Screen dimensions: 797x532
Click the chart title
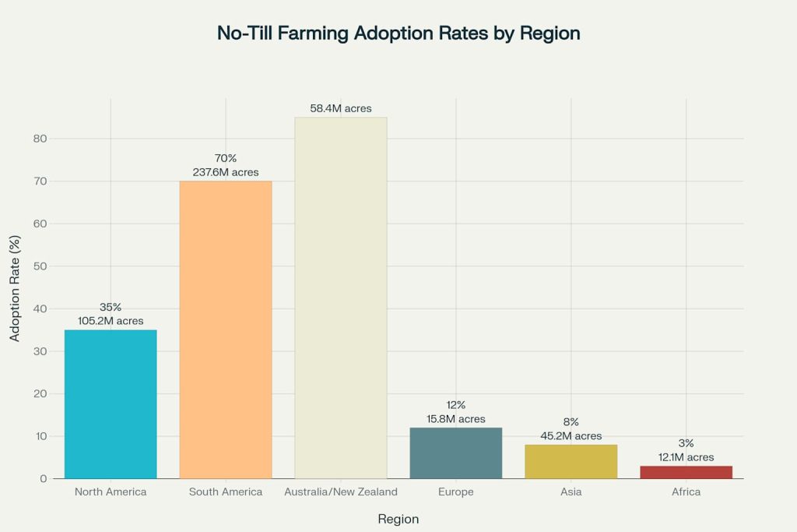(x=398, y=33)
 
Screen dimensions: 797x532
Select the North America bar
(x=111, y=404)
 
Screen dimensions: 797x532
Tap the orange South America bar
(x=226, y=329)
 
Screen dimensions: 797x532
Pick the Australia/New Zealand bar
(x=341, y=298)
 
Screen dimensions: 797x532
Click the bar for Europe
(x=456, y=453)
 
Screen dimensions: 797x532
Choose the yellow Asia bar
(x=571, y=462)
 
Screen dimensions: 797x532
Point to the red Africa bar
(x=686, y=473)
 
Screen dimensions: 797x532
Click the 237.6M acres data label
(x=226, y=172)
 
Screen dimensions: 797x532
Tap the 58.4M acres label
(x=341, y=108)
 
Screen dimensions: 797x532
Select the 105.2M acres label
(x=111, y=321)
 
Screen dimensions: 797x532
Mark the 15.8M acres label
(x=456, y=419)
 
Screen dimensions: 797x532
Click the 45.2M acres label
(x=571, y=436)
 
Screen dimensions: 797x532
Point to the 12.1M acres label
(x=686, y=457)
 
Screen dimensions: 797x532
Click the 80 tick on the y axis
(x=40, y=139)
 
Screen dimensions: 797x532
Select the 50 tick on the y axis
(x=40, y=266)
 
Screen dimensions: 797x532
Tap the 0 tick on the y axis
(x=44, y=478)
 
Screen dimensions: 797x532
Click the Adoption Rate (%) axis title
(x=15, y=288)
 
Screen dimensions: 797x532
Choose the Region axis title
(x=398, y=519)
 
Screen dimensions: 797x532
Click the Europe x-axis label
(x=456, y=491)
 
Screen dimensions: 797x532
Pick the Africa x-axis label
(x=686, y=491)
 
